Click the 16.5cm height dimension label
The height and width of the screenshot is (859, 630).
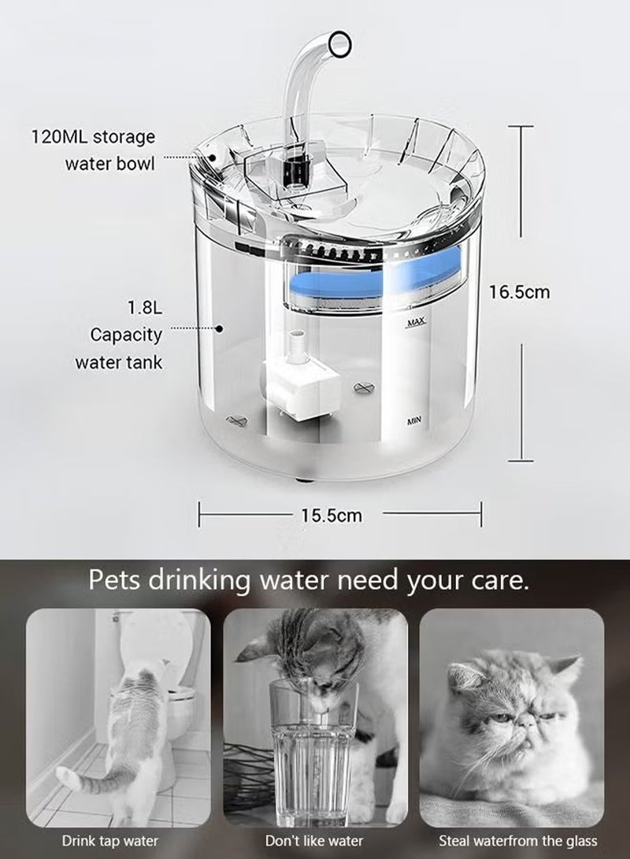(519, 292)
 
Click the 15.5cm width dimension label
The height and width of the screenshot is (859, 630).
(332, 516)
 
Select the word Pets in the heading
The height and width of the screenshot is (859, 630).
(114, 582)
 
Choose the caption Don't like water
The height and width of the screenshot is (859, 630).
(314, 841)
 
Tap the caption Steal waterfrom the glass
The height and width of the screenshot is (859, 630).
(517, 841)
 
